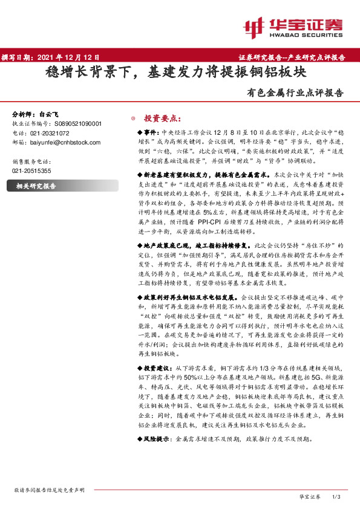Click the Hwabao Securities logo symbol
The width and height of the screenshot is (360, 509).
[x=254, y=27]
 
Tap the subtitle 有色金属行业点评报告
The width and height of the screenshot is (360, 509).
[x=295, y=93]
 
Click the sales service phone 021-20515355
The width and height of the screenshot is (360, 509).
[x=31, y=171]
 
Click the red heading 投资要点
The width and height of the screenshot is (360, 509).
[x=162, y=117]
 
